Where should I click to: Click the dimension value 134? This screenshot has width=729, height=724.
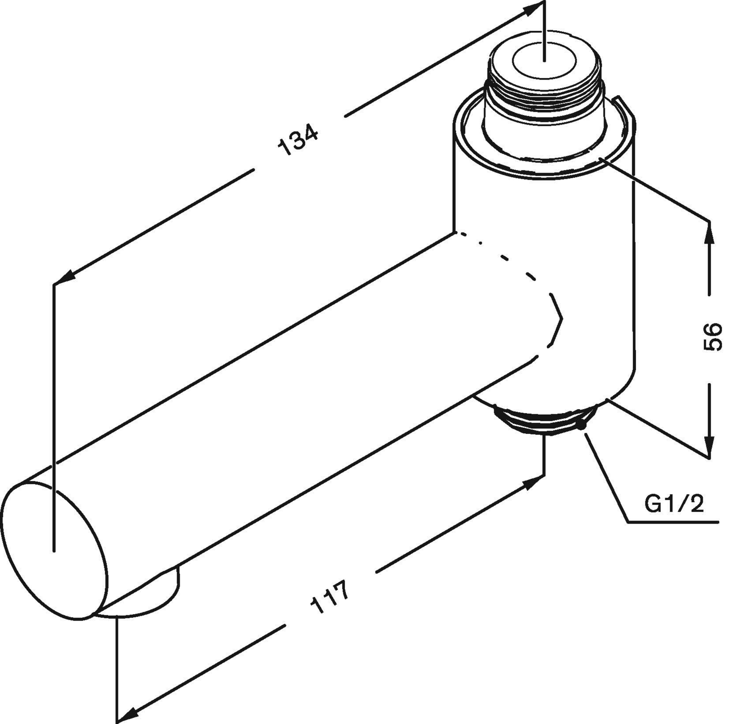299,140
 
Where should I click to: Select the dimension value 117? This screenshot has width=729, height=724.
330,597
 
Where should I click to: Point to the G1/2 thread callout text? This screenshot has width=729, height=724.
674,504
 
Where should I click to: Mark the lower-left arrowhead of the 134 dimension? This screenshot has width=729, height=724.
64,278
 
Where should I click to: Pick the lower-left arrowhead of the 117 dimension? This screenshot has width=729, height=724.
127,715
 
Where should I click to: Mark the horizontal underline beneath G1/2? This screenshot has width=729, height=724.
673,521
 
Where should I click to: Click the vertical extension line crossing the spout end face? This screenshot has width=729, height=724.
53,405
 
